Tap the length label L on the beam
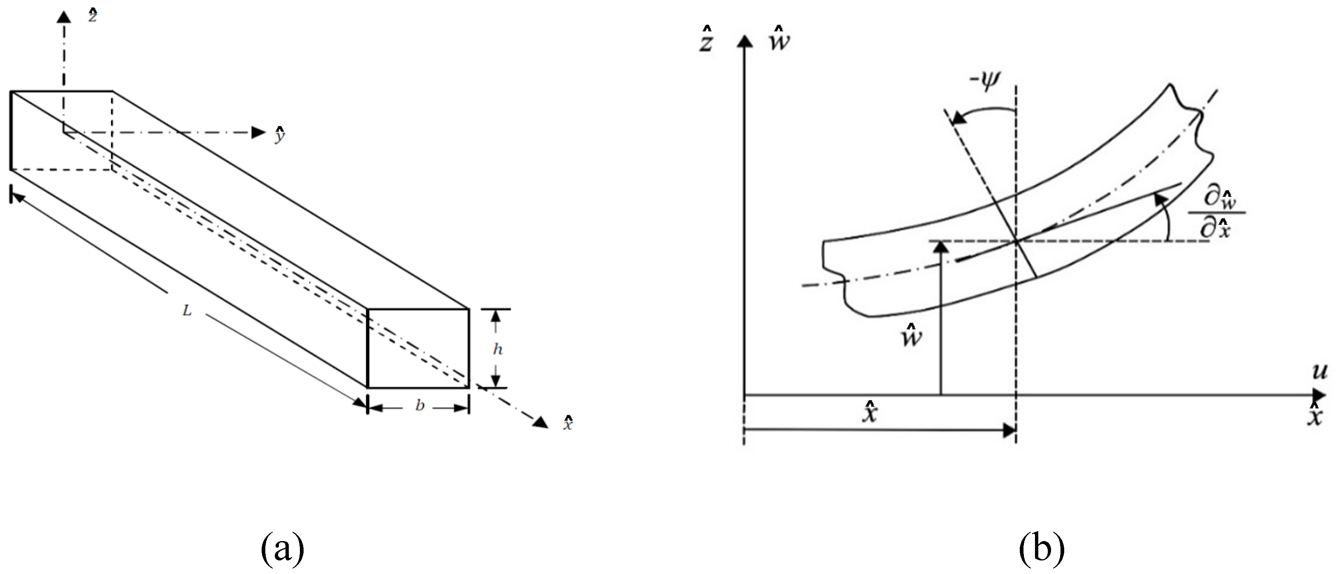tap(187, 311)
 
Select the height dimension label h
tap(497, 349)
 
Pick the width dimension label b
tap(420, 406)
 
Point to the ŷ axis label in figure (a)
tap(280, 135)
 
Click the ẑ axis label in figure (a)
tap(93, 16)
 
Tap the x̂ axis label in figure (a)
tap(568, 423)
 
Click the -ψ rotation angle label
tap(984, 82)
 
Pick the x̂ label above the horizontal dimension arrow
tap(870, 414)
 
